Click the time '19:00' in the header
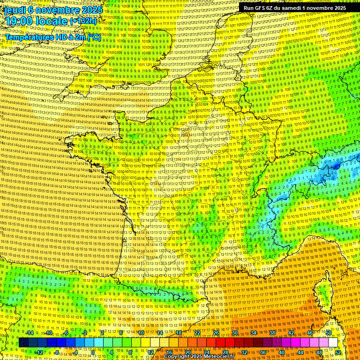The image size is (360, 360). click(20, 21)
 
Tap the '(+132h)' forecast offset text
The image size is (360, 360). click(83, 21)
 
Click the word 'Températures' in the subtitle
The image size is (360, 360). click(28, 37)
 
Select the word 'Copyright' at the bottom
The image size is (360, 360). click(177, 357)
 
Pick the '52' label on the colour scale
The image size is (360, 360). click(337, 352)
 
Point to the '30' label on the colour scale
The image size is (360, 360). click(235, 333)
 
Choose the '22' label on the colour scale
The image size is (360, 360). click(197, 333)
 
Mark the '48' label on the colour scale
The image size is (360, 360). click(319, 352)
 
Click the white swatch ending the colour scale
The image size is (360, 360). click(333, 343)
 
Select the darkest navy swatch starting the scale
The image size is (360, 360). click(23, 343)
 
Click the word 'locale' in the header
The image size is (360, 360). click(53, 21)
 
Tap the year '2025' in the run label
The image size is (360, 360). click(337, 8)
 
